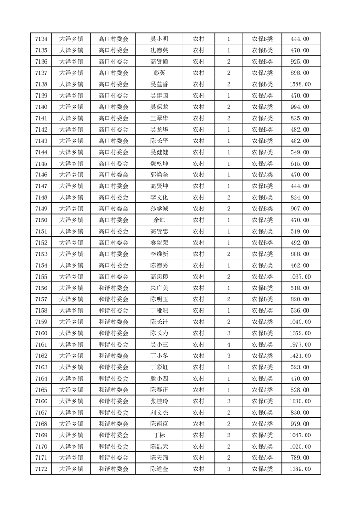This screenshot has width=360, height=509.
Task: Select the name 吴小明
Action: tap(159, 39)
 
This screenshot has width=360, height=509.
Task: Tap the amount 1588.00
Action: tap(300, 84)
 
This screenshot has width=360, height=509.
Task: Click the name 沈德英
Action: tap(159, 50)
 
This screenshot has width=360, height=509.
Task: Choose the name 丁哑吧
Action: tap(159, 311)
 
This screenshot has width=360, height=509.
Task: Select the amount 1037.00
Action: tap(300, 277)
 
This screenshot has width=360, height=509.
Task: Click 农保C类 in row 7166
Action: tap(262, 401)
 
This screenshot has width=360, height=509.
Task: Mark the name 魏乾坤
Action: tap(159, 164)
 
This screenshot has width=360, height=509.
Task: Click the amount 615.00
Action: tap(300, 164)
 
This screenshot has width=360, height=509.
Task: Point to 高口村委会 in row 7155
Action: tap(113, 277)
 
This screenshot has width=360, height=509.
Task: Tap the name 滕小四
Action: tap(159, 378)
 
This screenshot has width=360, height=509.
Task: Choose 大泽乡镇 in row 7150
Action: tap(71, 220)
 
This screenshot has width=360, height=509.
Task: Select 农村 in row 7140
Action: tap(198, 107)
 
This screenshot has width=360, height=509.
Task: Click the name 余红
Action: tap(159, 220)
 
